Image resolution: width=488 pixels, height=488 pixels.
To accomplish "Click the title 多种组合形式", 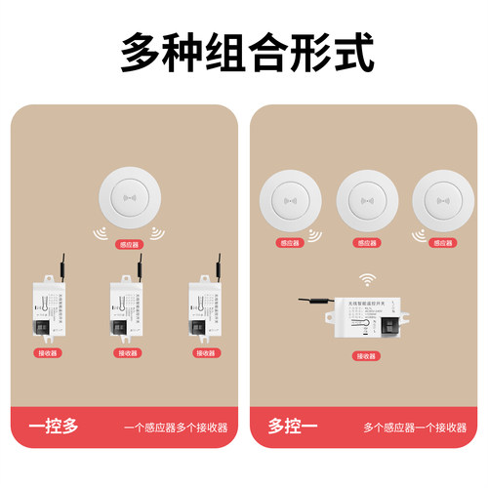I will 244,52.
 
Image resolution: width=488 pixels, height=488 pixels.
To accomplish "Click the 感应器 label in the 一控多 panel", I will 127,246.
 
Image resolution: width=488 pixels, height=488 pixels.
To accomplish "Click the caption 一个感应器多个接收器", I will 176,427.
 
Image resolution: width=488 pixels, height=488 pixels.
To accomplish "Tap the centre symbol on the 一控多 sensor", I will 127,199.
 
